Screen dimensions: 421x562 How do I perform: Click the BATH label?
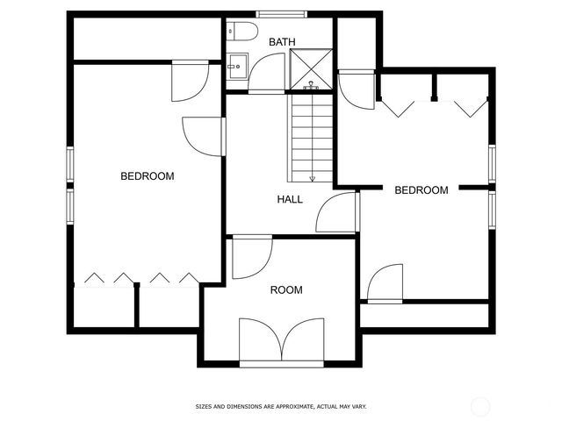[282, 41]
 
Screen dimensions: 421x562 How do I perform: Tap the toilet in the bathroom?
[242, 32]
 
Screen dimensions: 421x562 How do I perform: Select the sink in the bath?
[236, 65]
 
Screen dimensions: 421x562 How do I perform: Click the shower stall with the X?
[309, 68]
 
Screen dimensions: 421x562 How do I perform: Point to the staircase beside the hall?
[311, 136]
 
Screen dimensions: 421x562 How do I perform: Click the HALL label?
[290, 199]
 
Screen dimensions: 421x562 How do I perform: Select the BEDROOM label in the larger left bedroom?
[147, 176]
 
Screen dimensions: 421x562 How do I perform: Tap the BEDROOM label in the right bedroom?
[421, 189]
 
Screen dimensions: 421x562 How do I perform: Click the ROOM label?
[286, 290]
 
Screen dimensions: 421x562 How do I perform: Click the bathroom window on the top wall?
[282, 14]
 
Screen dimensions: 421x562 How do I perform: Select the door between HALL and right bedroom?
[337, 214]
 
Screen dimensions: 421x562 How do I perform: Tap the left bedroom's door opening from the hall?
[204, 137]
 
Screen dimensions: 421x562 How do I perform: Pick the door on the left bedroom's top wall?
[190, 79]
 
